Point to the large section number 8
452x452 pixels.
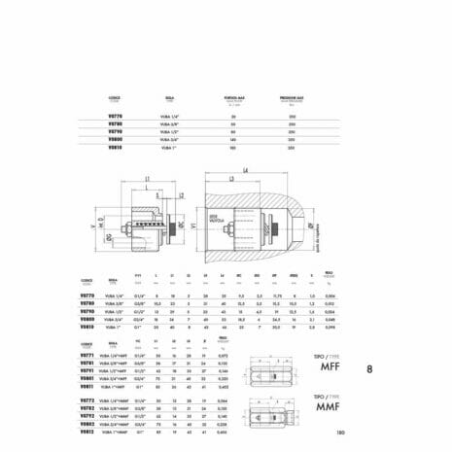(369, 369)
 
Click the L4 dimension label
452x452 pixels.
(246, 170)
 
